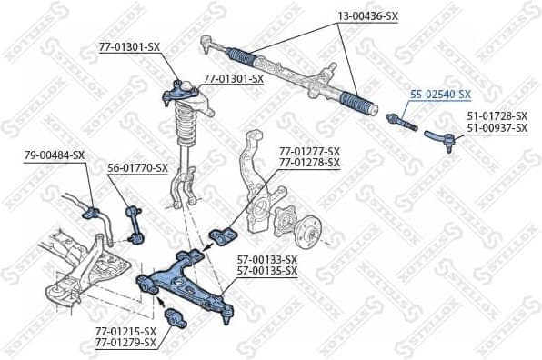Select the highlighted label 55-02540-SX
tap(440, 94)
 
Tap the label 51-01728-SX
tap(497, 115)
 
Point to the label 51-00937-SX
tap(497, 128)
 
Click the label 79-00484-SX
tap(55, 155)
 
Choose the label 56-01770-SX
tap(137, 167)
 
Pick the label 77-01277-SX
tap(309, 151)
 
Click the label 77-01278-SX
tap(309, 163)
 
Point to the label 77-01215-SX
tap(125, 331)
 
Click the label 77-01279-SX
tap(125, 343)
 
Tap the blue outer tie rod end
tap(441, 138)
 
